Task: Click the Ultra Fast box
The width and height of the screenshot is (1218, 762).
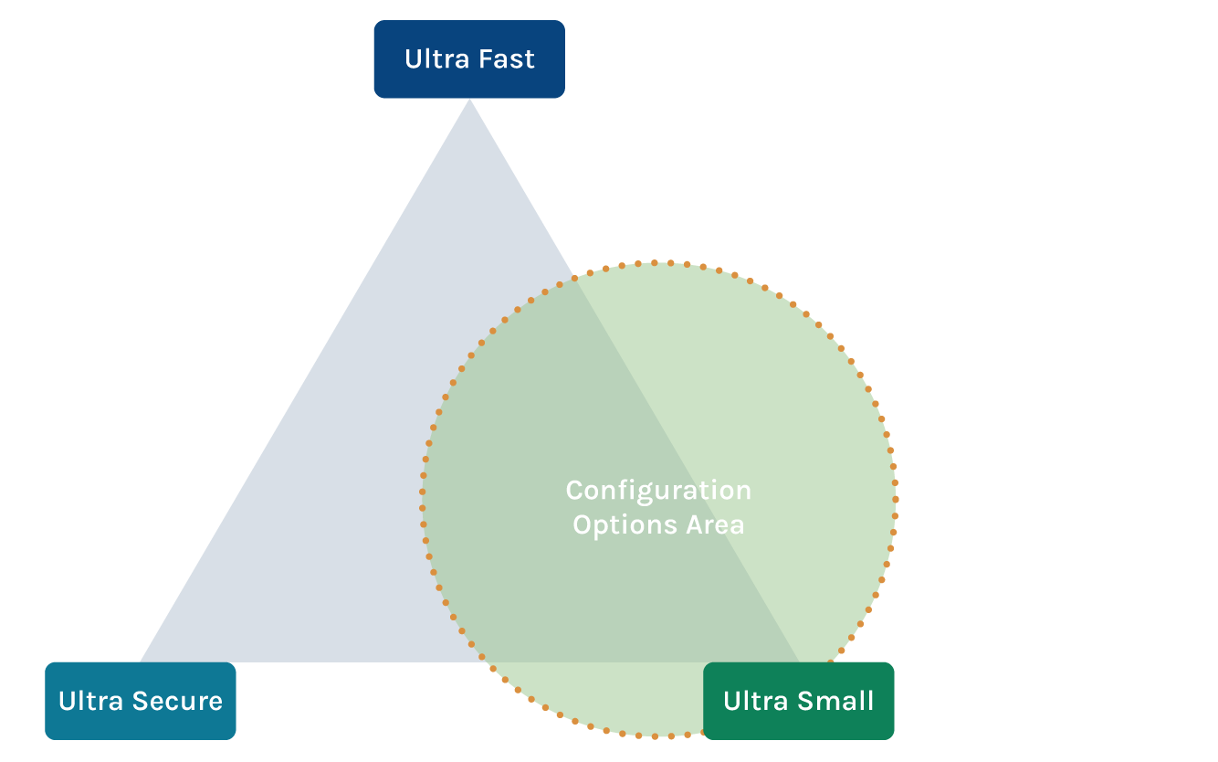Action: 469,59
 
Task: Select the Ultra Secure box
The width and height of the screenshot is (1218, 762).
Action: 141,701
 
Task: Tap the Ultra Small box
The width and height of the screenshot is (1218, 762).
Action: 798,701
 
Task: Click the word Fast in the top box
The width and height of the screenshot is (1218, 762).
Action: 505,59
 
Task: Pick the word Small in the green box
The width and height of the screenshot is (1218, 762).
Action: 839,701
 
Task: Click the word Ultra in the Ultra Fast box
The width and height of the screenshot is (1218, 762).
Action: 434,59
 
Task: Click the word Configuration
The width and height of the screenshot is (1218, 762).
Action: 658,491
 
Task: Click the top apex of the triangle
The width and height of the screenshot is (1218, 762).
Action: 469,101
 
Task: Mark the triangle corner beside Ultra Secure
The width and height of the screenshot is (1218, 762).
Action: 142,660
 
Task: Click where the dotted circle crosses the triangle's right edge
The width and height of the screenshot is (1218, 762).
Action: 576,278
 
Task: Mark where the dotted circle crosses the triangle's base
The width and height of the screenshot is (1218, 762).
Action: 483,661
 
